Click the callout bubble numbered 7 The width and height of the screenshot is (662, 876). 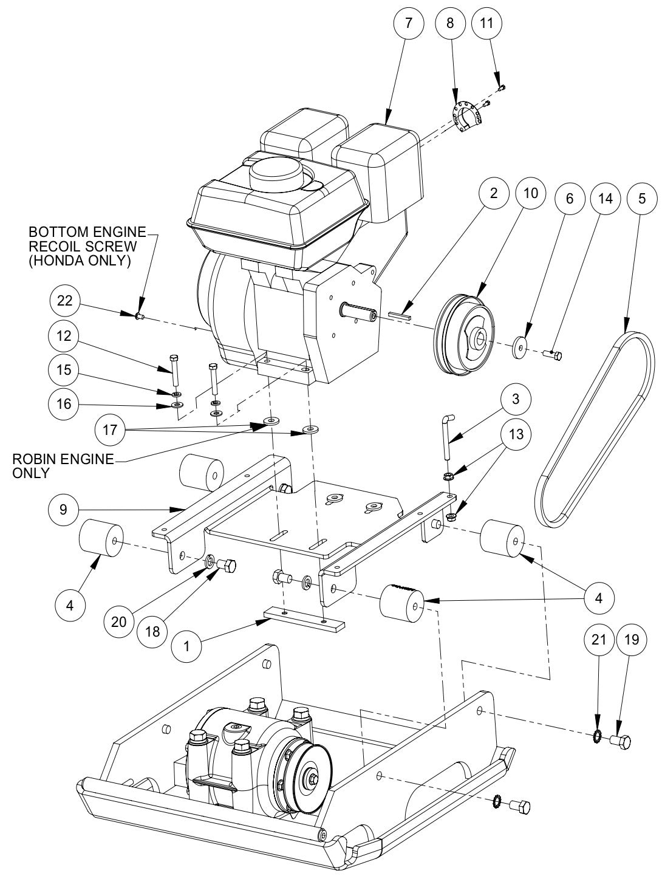click(408, 23)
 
